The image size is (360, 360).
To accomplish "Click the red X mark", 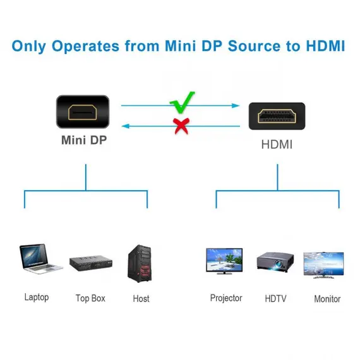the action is [x=181, y=126].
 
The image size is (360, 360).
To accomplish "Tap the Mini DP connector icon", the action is [x=83, y=112].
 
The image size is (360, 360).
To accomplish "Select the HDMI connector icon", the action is [x=277, y=116].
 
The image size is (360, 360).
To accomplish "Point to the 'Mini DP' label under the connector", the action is [x=84, y=140].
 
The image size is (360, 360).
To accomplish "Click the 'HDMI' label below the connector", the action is [x=277, y=145].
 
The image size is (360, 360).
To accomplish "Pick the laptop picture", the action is [x=40, y=259].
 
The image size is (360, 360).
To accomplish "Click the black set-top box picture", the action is [x=91, y=263].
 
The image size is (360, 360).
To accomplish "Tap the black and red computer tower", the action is [x=140, y=263].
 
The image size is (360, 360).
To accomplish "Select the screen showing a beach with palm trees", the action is [x=224, y=260].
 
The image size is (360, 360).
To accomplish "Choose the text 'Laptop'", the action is [x=37, y=297].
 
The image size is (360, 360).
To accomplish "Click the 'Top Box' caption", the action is [x=90, y=298].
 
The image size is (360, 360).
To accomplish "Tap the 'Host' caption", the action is [x=141, y=299].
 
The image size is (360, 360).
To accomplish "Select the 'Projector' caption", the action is [x=226, y=298].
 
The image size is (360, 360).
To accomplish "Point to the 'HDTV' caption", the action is [x=275, y=299].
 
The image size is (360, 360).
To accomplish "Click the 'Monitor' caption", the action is [x=327, y=299].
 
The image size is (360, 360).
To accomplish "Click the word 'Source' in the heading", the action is [x=255, y=46].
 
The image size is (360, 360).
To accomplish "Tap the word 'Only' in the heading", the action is [x=29, y=46].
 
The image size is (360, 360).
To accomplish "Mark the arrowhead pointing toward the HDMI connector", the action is [x=236, y=105].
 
